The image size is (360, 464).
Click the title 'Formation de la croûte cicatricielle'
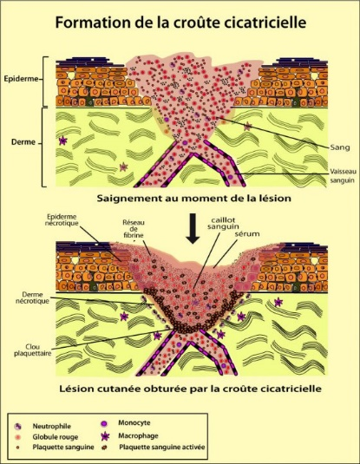[180, 23]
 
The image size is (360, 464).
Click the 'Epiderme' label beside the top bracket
[21, 79]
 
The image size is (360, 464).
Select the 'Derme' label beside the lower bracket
[23, 142]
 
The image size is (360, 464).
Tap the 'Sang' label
[340, 147]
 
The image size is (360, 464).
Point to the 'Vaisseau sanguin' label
[344, 176]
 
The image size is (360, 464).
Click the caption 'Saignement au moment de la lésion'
[194, 198]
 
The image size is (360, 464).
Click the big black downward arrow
[193, 228]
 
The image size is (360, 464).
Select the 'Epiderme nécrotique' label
[62, 219]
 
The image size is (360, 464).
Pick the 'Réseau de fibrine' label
[134, 229]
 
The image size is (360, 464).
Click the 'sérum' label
[247, 234]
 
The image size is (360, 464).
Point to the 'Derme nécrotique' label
[33, 297]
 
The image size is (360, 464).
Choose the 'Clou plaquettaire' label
[33, 350]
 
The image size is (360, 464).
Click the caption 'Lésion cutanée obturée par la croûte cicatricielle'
[190, 389]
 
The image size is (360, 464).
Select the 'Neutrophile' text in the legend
[52, 427]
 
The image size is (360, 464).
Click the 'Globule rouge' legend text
[56, 437]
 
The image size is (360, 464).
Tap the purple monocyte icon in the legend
[104, 424]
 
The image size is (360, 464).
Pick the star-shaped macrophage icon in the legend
[105, 436]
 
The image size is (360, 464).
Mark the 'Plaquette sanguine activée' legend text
[162, 448]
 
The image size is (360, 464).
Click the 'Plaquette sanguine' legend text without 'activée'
[63, 448]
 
